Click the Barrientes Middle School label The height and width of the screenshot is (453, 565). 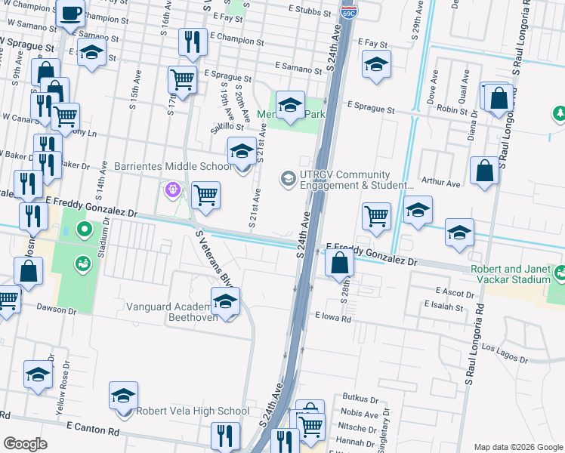(173, 166)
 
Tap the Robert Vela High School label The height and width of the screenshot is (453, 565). (192, 411)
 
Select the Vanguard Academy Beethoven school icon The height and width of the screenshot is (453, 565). (225, 304)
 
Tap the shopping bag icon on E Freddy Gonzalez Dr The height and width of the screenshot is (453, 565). (341, 263)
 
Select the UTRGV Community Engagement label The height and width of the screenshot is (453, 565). (356, 180)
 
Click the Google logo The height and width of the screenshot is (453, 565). (25, 444)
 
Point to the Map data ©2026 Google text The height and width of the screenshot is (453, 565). (518, 446)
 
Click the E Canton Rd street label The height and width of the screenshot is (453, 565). (92, 432)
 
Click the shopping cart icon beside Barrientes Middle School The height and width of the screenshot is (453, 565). (205, 196)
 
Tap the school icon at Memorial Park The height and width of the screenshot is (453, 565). (289, 106)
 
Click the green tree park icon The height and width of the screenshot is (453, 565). (560, 113)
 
